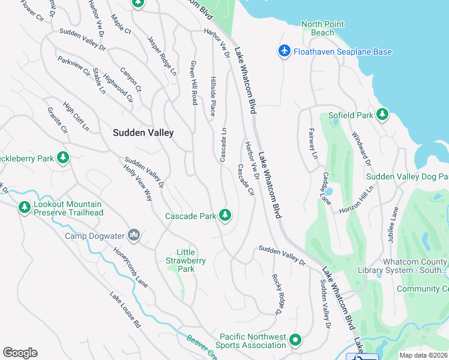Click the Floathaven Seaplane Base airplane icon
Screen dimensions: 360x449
tap(285, 52)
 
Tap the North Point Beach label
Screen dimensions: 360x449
tap(322, 28)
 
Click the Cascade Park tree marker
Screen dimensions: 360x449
tap(226, 215)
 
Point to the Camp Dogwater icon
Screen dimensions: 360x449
tap(134, 235)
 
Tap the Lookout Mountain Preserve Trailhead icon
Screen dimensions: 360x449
tap(24, 208)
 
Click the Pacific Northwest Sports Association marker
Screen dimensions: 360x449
tap(295, 341)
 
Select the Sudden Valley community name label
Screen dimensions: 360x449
tap(143, 133)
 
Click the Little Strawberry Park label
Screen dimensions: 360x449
tap(186, 260)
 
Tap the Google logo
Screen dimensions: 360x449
tap(20, 353)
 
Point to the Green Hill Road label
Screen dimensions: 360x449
tap(194, 83)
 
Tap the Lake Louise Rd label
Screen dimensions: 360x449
tap(125, 310)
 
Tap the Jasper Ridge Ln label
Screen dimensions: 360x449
tap(162, 55)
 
